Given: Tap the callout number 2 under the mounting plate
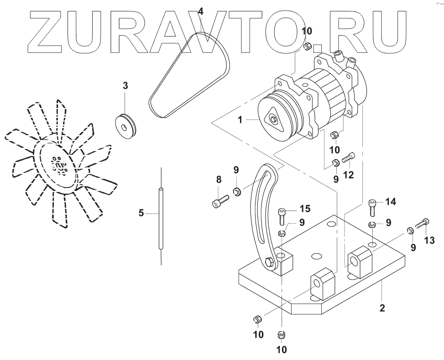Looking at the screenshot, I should coord(382,308).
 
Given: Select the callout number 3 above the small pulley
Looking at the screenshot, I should coord(125,85).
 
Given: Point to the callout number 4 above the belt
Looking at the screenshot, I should coord(201,10).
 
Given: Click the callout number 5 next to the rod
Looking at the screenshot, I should coord(141,212).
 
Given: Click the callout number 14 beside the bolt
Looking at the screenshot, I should coord(391,201).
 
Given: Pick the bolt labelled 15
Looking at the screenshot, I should coord(282,215).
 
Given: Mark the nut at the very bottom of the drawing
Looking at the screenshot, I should coord(282,335).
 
